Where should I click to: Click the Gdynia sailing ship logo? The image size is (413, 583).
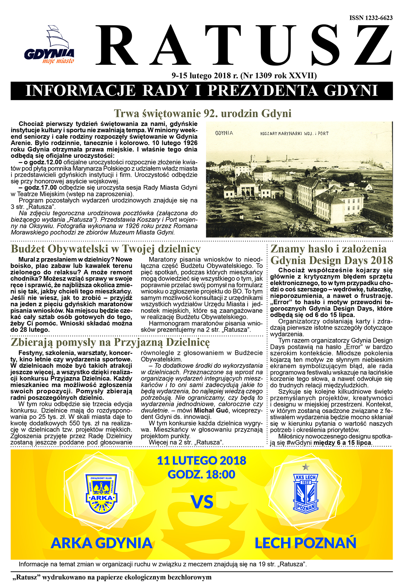pyautogui.click(x=49, y=47)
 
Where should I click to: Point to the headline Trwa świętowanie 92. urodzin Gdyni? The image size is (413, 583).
pyautogui.click(x=202, y=113)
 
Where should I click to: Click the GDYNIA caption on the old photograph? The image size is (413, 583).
pyautogui.click(x=224, y=133)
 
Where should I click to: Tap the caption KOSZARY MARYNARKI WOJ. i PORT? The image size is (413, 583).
pyautogui.click(x=294, y=134)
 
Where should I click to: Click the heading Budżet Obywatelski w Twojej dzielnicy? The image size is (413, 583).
pyautogui.click(x=106, y=249)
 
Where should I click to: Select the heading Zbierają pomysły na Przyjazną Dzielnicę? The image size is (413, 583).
pyautogui.click(x=110, y=342)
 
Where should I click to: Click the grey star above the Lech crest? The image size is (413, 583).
pyautogui.click(x=306, y=466)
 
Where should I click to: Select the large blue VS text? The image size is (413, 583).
pyautogui.click(x=202, y=502)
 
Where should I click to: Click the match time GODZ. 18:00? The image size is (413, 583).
pyautogui.click(x=201, y=475)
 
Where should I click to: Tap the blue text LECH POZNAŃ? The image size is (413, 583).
pyautogui.click(x=305, y=543)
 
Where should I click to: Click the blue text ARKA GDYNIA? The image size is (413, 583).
pyautogui.click(x=101, y=543)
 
